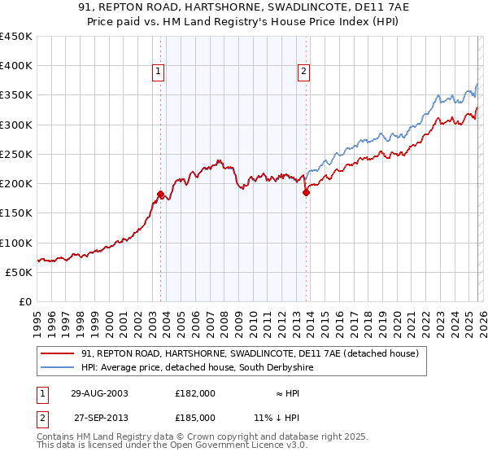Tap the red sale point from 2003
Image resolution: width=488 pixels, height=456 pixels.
160,194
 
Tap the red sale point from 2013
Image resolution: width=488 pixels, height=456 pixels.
306,193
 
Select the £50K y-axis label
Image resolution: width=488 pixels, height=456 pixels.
20,272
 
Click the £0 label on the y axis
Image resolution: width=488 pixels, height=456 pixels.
26,301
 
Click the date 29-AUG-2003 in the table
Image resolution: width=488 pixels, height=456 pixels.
99,392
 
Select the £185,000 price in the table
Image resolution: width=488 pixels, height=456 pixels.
195,417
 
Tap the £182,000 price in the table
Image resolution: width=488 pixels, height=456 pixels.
195,392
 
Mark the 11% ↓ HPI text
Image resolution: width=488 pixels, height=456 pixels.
277,417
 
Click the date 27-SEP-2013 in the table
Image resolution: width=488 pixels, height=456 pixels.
99,417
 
